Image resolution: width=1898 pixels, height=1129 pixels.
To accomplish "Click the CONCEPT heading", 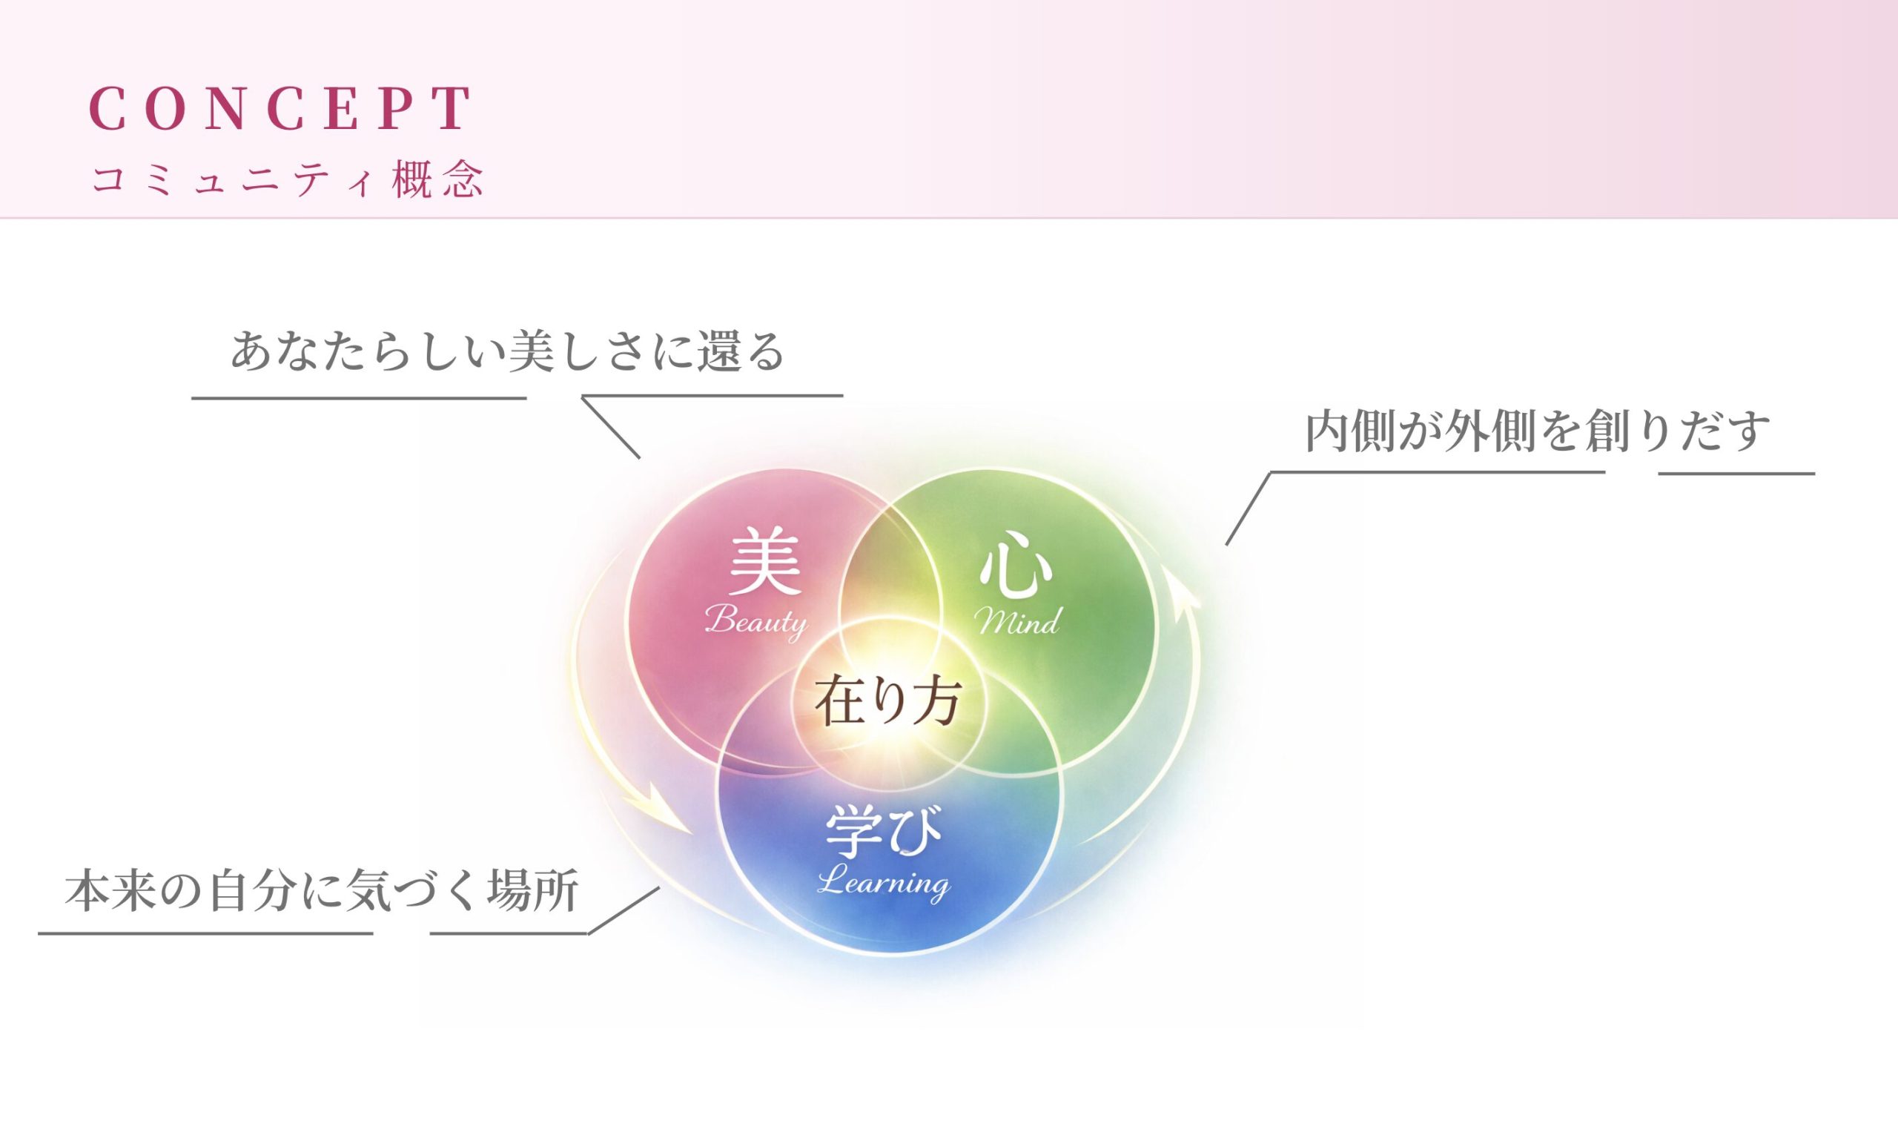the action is pos(281,107).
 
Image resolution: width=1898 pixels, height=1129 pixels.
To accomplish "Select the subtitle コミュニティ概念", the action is pos(287,179).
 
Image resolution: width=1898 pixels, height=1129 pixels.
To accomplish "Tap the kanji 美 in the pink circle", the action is pos(765,562).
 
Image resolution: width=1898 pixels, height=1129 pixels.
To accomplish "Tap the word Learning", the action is pos(884,882).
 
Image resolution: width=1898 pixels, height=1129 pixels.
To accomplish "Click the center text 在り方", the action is pos(887,702).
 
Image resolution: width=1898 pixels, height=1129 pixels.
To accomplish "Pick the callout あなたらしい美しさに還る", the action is pos(507,351).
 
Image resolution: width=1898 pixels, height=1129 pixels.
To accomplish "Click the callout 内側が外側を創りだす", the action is pos(1538,431).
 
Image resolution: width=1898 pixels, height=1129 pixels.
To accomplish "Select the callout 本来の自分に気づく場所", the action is pos(322,891).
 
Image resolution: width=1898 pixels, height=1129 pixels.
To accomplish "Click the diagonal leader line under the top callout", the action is pos(611,428).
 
